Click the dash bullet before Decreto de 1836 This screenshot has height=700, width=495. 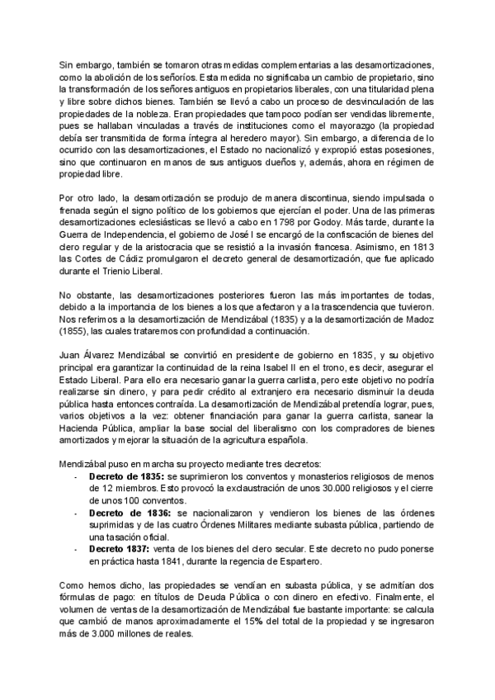point(76,513)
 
